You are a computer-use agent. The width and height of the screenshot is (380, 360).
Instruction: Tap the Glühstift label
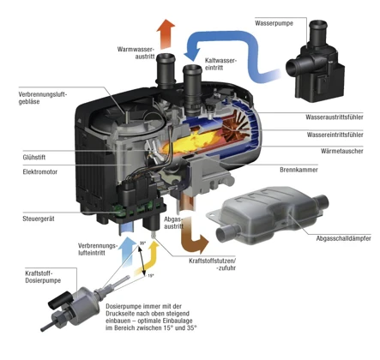point(33,158)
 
